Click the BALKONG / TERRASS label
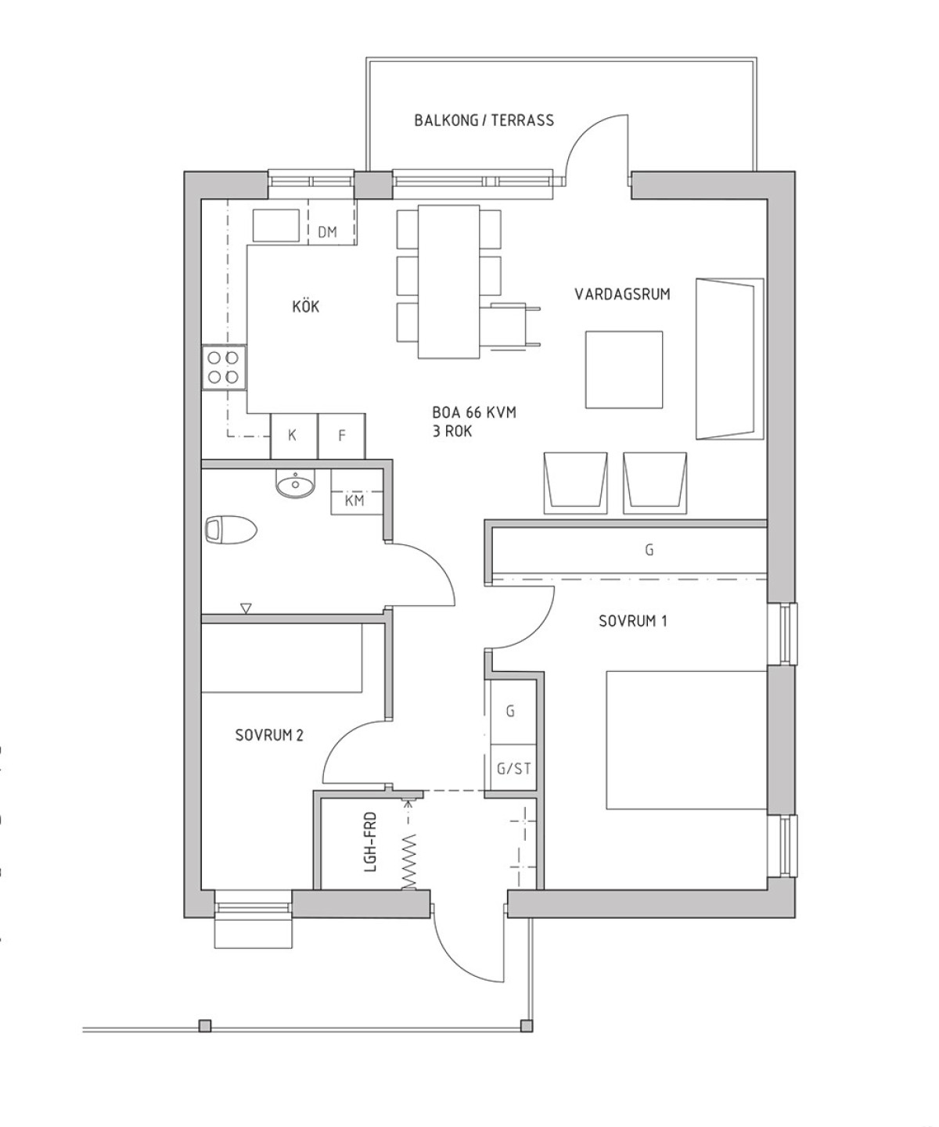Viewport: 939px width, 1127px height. [484, 120]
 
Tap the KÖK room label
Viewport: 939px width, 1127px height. [306, 307]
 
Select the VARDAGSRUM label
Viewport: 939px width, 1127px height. [622, 294]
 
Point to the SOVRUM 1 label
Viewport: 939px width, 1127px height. [633, 621]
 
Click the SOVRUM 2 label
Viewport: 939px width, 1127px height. [269, 735]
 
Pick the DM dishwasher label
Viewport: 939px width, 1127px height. [327, 232]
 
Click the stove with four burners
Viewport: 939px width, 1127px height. [224, 368]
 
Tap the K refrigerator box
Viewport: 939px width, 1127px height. [293, 436]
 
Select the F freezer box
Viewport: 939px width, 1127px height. [341, 436]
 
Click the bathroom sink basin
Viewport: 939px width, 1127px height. [295, 483]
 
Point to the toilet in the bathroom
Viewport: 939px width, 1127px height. [231, 529]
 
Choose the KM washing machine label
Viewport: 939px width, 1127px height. [354, 501]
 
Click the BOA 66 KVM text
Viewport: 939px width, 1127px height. [474, 413]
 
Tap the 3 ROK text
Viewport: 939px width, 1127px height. [452, 432]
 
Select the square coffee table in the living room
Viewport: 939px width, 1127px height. [624, 370]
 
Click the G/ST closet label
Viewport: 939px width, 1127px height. [513, 769]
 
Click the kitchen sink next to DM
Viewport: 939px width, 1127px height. [276, 225]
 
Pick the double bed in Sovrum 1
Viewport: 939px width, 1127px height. [686, 740]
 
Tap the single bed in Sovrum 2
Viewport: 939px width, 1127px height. [282, 658]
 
